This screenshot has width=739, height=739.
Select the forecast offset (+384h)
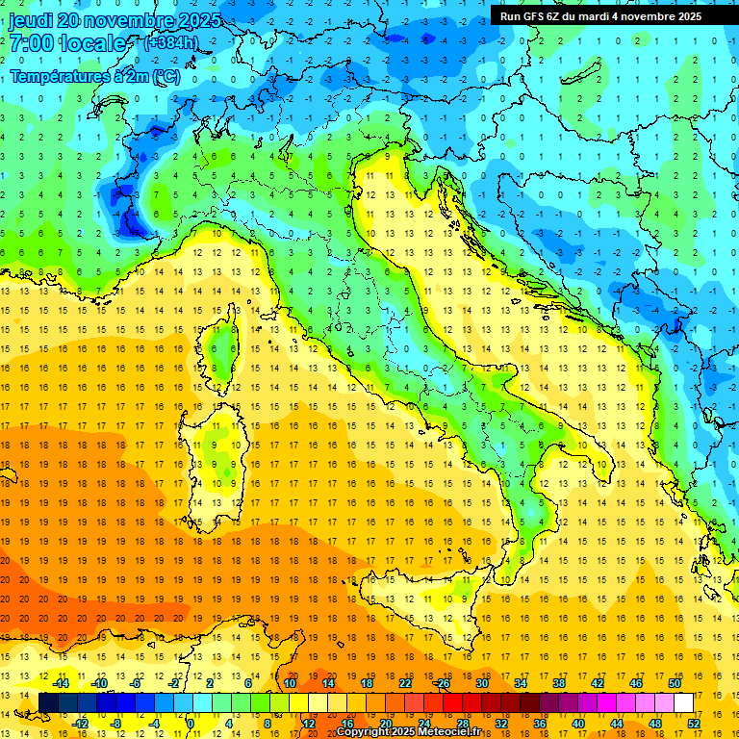coord(171,43)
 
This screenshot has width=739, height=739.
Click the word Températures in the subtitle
coord(59,76)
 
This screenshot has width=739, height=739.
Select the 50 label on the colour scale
coord(674,683)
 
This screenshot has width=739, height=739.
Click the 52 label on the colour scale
coord(693,724)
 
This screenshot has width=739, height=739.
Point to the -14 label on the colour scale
coord(61,683)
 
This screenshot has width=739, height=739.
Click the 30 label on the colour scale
coord(481,683)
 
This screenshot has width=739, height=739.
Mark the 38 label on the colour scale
coord(558,683)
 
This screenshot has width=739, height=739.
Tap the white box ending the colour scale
coord(683,702)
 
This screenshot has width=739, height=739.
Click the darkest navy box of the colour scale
coord(49,702)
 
